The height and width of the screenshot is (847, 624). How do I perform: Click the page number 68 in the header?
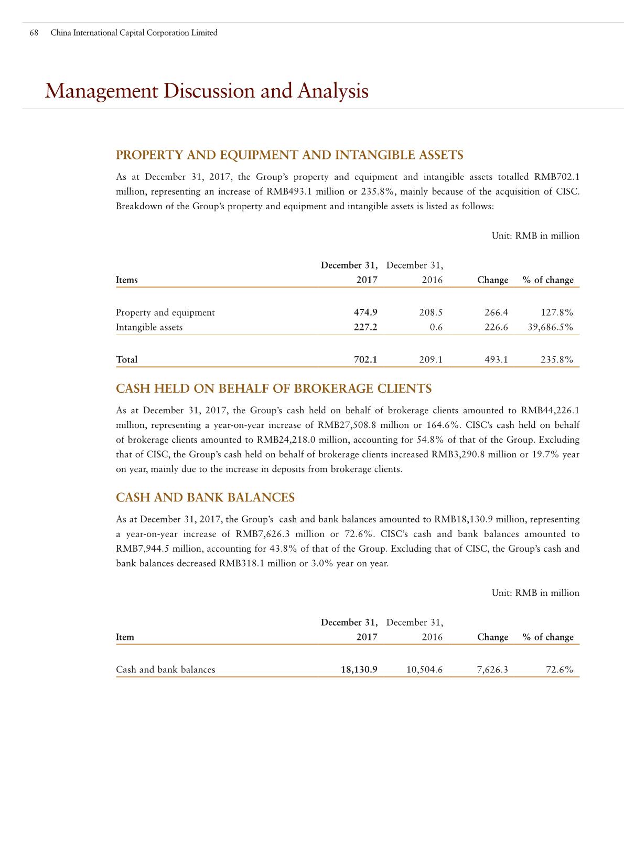click(x=34, y=33)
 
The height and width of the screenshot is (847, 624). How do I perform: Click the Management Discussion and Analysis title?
click(x=207, y=91)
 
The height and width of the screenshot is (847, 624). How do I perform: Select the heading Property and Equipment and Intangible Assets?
click(x=289, y=155)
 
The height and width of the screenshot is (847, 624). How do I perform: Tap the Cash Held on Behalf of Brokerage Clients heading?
click(x=273, y=389)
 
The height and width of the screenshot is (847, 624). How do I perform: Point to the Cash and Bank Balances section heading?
click(x=205, y=498)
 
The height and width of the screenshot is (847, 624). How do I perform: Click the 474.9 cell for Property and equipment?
click(x=365, y=313)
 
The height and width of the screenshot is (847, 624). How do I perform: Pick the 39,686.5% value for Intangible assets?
click(x=548, y=327)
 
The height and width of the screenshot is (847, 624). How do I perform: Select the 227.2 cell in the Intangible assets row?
click(x=365, y=327)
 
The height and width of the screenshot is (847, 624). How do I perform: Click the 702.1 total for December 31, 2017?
click(x=365, y=360)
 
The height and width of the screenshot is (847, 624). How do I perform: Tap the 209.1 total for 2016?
click(x=431, y=360)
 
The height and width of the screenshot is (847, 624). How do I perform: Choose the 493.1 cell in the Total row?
click(x=497, y=360)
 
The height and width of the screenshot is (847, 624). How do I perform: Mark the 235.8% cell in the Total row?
click(x=556, y=360)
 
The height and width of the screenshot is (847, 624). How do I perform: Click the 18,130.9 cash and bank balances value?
click(x=359, y=670)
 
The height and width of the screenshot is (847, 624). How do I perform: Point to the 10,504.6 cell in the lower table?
click(x=425, y=670)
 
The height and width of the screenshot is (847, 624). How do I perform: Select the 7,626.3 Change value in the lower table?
click(x=493, y=670)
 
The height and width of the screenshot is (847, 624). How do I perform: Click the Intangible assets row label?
click(x=149, y=327)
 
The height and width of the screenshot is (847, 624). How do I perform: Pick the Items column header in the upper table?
click(x=126, y=280)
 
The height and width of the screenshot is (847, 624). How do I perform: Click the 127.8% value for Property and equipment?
click(x=556, y=313)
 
